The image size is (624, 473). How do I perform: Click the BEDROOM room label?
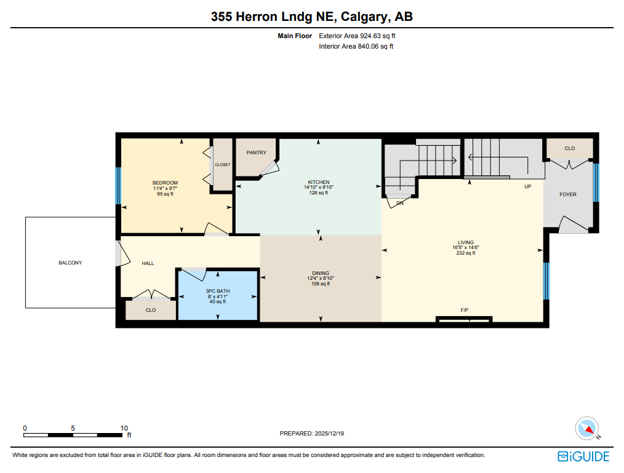pyautogui.click(x=165, y=183)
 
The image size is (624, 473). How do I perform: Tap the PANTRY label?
pyautogui.click(x=256, y=153)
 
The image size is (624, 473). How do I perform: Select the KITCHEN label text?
pyautogui.click(x=318, y=183)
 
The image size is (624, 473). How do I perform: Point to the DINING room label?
pyautogui.click(x=320, y=273)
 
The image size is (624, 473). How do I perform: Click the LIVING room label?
pyautogui.click(x=465, y=242)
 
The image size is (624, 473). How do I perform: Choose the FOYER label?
pyautogui.click(x=567, y=194)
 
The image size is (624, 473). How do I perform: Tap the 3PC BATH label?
pyautogui.click(x=217, y=290)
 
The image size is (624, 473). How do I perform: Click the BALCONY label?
pyautogui.click(x=70, y=263)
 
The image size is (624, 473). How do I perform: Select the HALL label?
pyautogui.click(x=148, y=263)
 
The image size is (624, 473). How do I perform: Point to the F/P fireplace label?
pyautogui.click(x=464, y=310)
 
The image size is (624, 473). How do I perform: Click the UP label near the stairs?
pyautogui.click(x=527, y=186)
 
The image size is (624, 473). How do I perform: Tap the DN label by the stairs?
pyautogui.click(x=400, y=203)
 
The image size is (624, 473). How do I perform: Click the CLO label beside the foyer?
pyautogui.click(x=569, y=148)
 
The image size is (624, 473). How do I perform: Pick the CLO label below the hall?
pyautogui.click(x=151, y=310)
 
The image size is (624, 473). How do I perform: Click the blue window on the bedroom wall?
pyautogui.click(x=118, y=186)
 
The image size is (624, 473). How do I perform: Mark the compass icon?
pyautogui.click(x=586, y=428)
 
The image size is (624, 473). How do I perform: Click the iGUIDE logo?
pyautogui.click(x=583, y=456)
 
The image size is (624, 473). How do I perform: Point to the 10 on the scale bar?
pyautogui.click(x=124, y=428)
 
